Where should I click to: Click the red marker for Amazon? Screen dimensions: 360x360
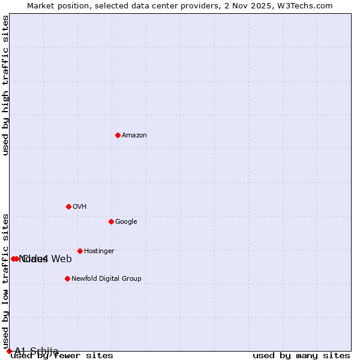pos(118,135)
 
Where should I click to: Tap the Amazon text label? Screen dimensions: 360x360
pos(134,136)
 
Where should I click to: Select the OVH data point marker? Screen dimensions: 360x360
pos(68,206)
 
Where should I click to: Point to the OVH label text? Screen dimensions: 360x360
pos(80,207)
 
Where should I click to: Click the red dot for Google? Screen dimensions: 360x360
pos(111,221)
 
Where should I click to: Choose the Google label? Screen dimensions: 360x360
pos(126,222)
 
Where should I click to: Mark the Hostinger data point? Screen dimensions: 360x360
pos(80,251)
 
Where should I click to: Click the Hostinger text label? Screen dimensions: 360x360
pos(99,251)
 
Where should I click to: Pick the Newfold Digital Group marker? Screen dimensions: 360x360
pos(67,278)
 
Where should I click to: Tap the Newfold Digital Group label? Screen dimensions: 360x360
pos(106,279)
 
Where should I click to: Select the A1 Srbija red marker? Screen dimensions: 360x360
pos(9,351)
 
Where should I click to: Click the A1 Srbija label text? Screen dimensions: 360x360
pos(37,351)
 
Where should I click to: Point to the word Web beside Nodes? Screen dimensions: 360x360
pos(61,259)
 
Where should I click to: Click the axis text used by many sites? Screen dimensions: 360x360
pos(301,356)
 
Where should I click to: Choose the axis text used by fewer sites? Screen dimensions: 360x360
pos(62,356)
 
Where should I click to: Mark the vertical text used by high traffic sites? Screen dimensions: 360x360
pos(5,85)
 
